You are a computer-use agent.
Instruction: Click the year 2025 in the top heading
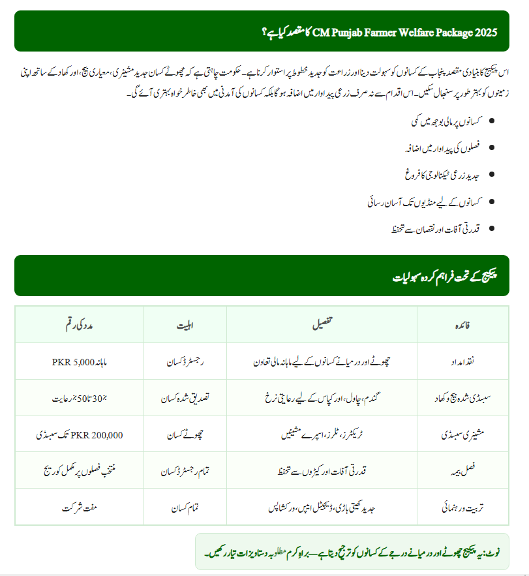click(485, 31)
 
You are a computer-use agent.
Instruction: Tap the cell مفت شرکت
click(80, 506)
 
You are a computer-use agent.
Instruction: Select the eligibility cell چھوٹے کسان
click(186, 434)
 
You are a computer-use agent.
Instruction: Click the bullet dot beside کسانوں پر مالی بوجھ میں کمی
click(491, 121)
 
